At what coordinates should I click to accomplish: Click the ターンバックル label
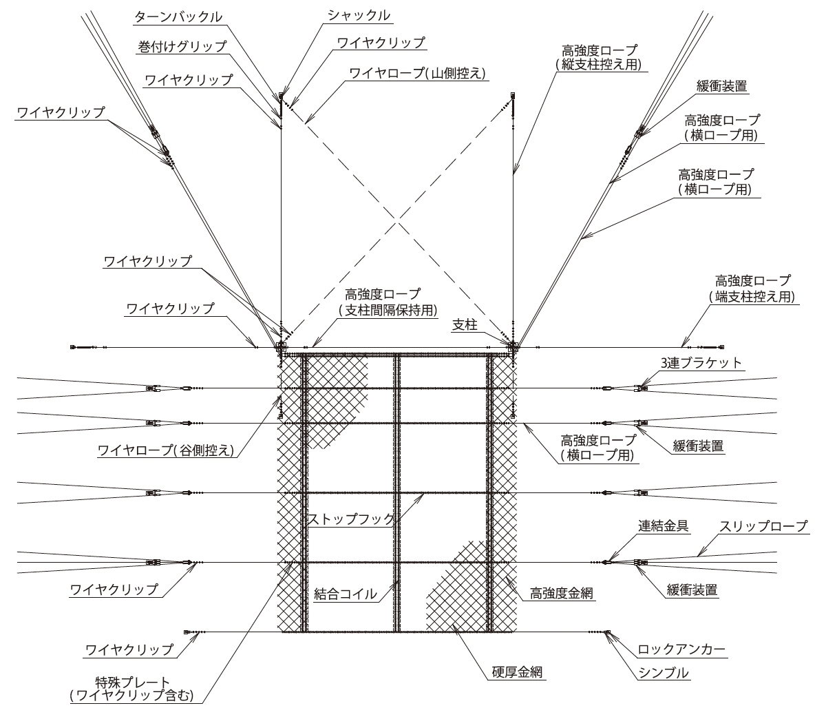point(178,17)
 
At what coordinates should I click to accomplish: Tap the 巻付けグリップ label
point(182,47)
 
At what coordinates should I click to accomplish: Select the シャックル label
point(359,16)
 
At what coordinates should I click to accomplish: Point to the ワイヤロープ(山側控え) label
point(417,73)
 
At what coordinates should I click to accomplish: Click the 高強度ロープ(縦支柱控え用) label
point(599,58)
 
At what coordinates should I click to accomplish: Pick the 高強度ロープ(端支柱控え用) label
point(752,289)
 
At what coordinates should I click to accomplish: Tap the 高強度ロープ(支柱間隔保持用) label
point(388,302)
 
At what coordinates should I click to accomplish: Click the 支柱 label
point(465,325)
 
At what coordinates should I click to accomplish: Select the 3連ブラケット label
point(701,362)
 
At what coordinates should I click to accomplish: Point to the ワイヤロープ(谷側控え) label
point(167,450)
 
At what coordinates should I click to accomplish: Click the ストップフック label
point(352,519)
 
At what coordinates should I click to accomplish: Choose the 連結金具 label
point(664,526)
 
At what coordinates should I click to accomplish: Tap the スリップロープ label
point(763,526)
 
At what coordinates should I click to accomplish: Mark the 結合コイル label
point(346,594)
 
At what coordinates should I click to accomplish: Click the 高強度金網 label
point(562,593)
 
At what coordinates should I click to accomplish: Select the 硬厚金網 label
point(517,672)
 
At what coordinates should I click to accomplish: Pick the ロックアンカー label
point(681,649)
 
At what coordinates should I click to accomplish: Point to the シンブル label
point(664,673)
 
